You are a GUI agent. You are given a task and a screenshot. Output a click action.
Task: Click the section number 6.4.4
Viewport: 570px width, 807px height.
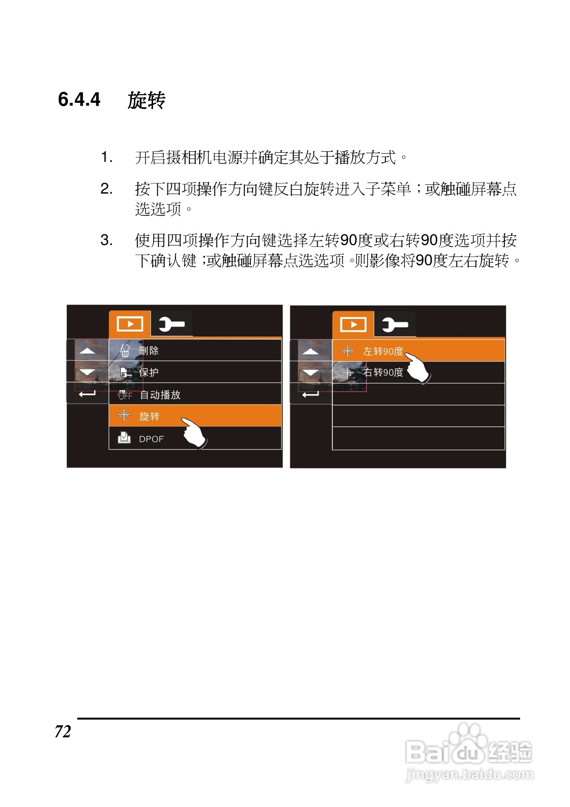[x=79, y=99]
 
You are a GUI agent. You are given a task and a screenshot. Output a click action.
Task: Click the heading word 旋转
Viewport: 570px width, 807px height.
[x=146, y=100]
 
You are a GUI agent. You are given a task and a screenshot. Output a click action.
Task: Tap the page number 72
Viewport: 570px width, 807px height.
[x=63, y=732]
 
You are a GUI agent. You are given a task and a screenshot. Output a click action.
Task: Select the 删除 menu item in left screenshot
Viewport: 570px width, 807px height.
[x=149, y=351]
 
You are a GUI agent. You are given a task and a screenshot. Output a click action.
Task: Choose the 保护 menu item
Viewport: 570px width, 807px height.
[x=149, y=372]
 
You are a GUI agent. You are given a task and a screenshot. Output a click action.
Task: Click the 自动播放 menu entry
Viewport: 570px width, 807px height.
[x=160, y=395]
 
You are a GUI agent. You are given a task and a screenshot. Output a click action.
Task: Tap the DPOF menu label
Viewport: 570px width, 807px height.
[x=151, y=439]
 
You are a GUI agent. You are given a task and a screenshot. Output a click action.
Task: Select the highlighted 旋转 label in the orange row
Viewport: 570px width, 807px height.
[x=149, y=416]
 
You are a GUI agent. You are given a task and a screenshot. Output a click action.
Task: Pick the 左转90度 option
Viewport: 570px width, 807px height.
[x=382, y=351]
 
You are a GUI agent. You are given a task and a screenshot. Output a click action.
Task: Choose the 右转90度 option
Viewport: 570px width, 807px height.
[x=382, y=372]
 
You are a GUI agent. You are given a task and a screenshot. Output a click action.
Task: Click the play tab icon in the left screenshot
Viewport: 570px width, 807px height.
[x=130, y=324]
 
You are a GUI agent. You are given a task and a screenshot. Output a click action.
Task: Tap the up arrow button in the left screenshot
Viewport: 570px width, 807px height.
[x=87, y=351]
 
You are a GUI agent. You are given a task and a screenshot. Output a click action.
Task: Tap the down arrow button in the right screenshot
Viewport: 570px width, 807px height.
[x=310, y=373]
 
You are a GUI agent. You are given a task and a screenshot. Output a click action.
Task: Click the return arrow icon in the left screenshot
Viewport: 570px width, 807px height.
[x=87, y=394]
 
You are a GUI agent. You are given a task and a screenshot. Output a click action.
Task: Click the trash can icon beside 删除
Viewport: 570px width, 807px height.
[x=125, y=351]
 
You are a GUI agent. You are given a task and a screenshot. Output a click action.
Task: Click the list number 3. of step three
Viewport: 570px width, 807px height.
[x=106, y=240]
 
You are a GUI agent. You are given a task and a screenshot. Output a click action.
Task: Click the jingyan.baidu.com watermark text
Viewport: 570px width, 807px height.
[x=469, y=774]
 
